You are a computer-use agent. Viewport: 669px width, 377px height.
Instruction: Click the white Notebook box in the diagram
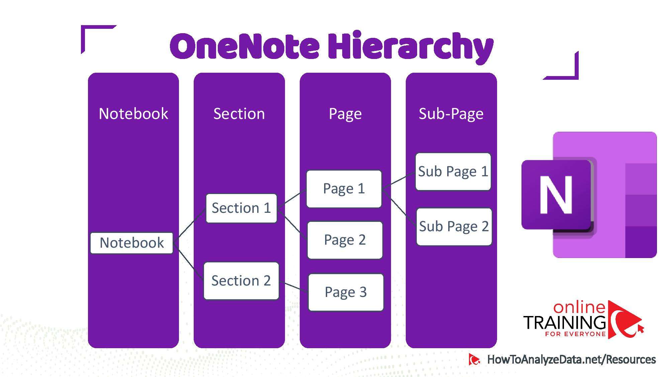[131, 243]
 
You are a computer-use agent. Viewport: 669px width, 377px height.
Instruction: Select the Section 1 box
[241, 208]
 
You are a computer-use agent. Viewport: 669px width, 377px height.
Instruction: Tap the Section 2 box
[241, 281]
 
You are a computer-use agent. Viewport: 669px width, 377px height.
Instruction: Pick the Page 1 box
[344, 189]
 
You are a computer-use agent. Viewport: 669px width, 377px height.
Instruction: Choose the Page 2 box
[345, 240]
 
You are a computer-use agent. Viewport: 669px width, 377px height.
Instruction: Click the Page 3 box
[346, 292]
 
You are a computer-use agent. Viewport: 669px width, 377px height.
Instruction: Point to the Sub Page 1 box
[453, 172]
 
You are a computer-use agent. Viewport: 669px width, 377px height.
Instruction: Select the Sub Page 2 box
[454, 227]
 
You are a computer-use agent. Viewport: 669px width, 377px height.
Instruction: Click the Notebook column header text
[133, 114]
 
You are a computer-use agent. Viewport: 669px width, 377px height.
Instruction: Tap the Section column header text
[239, 114]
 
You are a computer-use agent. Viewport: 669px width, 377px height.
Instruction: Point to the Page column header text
[345, 114]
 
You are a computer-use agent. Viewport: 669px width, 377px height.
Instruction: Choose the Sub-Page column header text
[451, 114]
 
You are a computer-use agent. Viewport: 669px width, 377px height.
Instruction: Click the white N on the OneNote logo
[556, 195]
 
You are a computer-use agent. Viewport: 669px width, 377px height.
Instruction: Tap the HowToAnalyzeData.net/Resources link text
[571, 360]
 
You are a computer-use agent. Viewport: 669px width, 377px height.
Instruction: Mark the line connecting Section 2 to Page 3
[294, 287]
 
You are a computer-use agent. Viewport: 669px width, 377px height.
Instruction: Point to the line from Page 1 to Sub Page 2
[399, 208]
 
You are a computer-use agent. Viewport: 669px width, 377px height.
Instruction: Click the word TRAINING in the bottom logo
[565, 322]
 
